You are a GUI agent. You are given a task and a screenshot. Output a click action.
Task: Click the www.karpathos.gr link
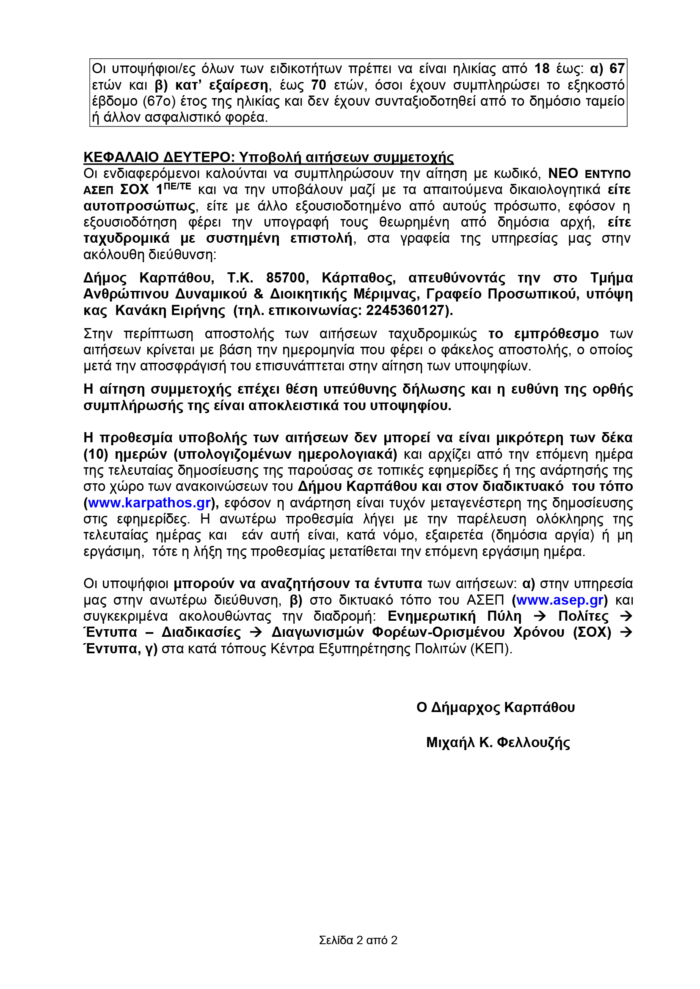click(x=149, y=503)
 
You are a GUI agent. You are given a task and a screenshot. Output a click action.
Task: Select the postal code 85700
click(x=285, y=278)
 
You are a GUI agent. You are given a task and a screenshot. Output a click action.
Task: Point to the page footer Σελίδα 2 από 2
click(x=358, y=940)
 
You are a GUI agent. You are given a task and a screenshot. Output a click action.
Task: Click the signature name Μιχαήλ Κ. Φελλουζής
click(x=498, y=742)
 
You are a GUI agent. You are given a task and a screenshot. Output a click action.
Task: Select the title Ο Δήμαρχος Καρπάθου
click(x=495, y=707)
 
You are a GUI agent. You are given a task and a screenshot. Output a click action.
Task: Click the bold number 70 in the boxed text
click(x=319, y=85)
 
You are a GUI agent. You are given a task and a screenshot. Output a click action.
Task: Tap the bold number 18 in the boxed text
click(x=542, y=69)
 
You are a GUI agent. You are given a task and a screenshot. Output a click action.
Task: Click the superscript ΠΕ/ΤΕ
click(x=177, y=186)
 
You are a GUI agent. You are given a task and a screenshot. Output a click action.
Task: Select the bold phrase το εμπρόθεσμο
click(x=543, y=334)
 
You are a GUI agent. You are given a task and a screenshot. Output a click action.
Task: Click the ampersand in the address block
click(x=258, y=294)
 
